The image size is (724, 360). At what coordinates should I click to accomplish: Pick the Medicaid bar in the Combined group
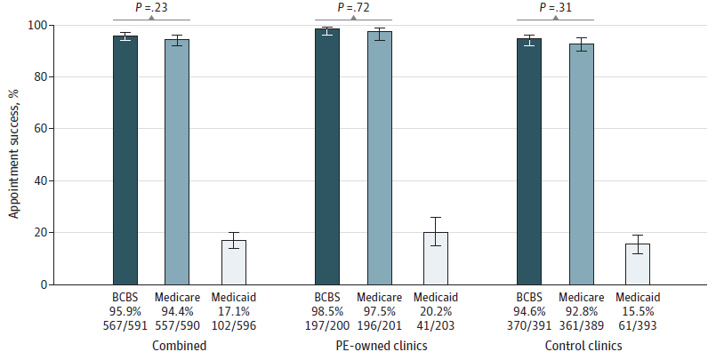tap(234, 262)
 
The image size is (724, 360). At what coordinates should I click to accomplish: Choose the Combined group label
tap(176, 345)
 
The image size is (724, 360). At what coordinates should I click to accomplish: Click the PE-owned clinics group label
tap(379, 345)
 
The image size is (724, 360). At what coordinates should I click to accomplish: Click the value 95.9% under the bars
tap(125, 311)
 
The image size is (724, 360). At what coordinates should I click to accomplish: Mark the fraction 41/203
tap(436, 325)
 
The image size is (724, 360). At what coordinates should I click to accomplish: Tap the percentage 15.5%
tap(638, 311)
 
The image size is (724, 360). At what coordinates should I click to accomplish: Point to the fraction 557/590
tap(176, 325)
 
